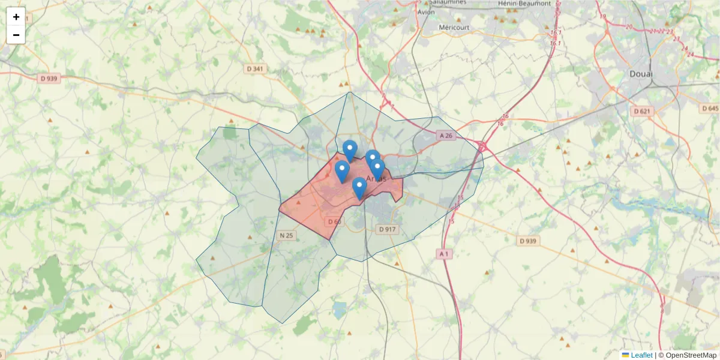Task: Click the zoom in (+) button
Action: tap(16, 17)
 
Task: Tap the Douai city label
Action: tap(641, 74)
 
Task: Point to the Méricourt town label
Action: tap(454, 28)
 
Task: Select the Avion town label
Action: tap(425, 12)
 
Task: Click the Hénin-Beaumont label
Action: tap(524, 4)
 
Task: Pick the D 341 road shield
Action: tap(254, 69)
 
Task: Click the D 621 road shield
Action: tap(642, 112)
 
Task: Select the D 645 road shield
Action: tap(710, 109)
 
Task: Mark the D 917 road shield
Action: tap(388, 229)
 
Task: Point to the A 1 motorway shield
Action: tap(443, 254)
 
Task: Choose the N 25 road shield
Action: tap(286, 235)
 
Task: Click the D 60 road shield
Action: tap(334, 222)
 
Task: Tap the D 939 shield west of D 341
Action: tap(50, 78)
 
